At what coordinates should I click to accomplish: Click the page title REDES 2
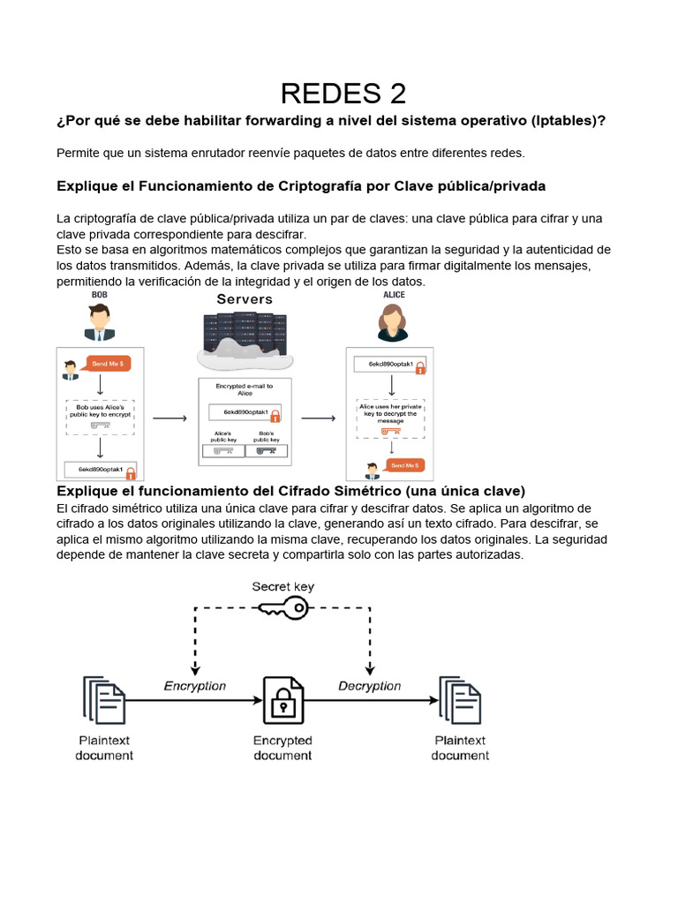point(343,93)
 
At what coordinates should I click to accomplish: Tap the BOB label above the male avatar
point(100,295)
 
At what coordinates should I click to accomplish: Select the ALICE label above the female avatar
point(394,295)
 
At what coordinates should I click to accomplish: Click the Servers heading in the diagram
point(245,299)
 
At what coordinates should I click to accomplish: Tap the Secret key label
point(282,586)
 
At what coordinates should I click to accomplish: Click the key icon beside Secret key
point(282,607)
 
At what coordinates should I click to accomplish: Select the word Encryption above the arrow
point(195,686)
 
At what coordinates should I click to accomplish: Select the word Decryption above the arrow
point(369,686)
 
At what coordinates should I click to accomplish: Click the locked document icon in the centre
point(282,702)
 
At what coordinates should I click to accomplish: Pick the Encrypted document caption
point(282,748)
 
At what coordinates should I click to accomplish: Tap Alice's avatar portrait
point(393,322)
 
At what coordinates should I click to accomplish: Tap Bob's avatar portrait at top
point(100,322)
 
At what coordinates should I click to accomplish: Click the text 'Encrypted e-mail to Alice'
point(245,389)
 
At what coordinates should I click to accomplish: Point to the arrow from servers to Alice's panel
point(319,418)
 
